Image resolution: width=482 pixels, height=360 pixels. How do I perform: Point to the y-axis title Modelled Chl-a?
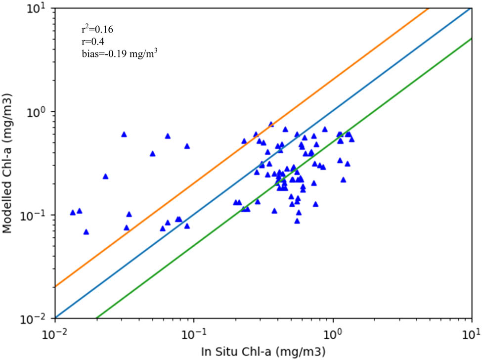8,163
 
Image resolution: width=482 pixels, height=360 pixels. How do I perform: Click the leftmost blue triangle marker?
73,212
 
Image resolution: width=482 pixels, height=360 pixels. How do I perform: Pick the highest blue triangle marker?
271,124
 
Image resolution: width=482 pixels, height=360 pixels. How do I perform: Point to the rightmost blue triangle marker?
351,139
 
